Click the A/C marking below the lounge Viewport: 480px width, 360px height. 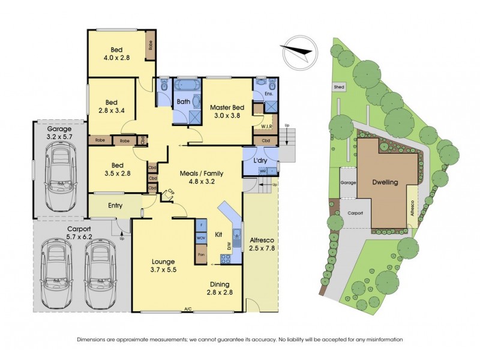pyautogui.click(x=188, y=310)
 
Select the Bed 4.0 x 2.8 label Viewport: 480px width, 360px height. pyautogui.click(x=117, y=54)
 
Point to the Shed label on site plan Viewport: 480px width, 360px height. pyautogui.click(x=340, y=87)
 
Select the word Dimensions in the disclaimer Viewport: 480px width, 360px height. pyautogui.click(x=93, y=339)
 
